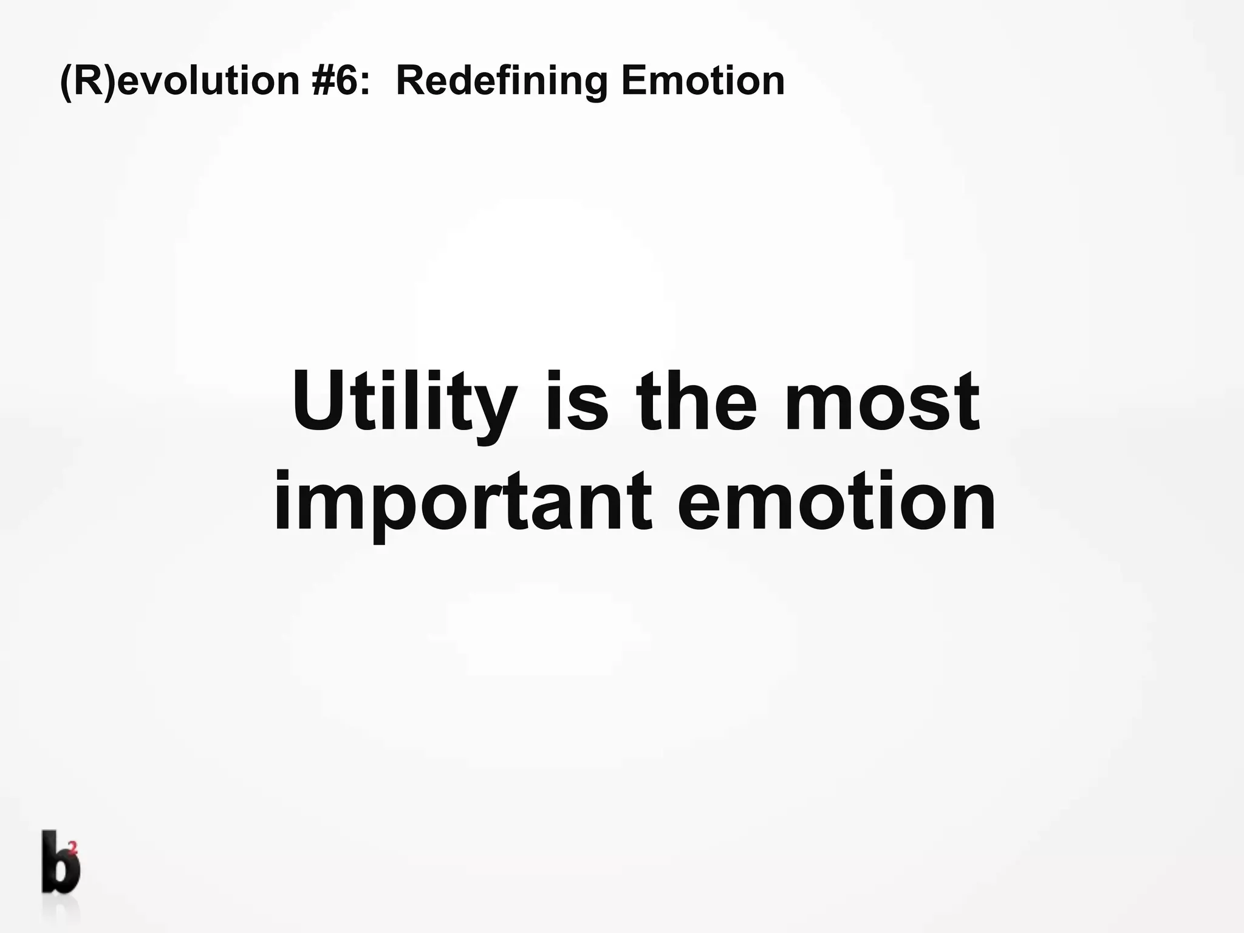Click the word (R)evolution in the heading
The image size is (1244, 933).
point(180,81)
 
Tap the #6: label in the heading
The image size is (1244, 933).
point(340,81)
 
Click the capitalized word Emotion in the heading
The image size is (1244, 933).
point(702,81)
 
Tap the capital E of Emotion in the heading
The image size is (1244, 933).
point(633,81)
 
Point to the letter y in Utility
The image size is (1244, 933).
point(494,413)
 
